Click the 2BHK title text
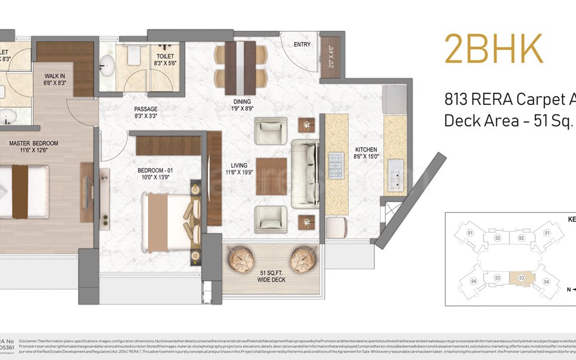coord(493,49)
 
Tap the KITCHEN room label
coord(366,149)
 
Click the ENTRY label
coord(302,45)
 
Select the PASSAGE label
coord(146,109)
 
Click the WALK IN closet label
coord(55,77)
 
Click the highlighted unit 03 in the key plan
coord(522,278)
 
